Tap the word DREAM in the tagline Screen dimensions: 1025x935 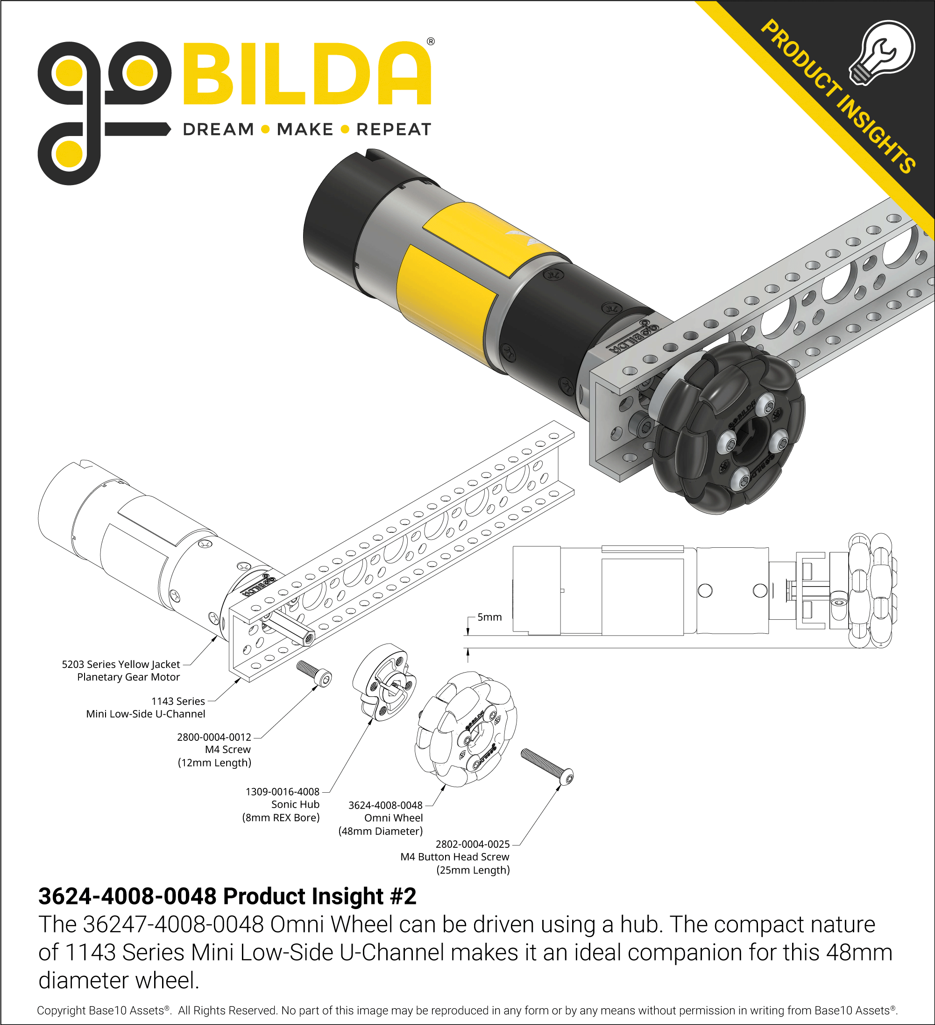[218, 129]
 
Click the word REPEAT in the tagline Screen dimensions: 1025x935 [393, 129]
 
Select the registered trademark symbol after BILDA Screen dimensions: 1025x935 [431, 42]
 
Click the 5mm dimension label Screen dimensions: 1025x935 [489, 616]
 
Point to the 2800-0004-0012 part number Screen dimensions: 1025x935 [214, 737]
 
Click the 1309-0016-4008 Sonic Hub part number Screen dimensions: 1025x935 [283, 792]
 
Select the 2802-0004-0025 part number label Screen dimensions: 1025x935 [472, 844]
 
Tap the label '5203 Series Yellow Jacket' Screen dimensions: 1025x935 [121, 664]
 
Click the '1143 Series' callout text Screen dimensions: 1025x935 [178, 701]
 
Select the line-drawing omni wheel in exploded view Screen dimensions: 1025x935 [466, 730]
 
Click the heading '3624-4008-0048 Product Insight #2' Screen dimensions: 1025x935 [227, 896]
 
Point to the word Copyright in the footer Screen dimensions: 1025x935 [61, 1010]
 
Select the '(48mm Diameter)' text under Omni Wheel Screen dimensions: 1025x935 [380, 831]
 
